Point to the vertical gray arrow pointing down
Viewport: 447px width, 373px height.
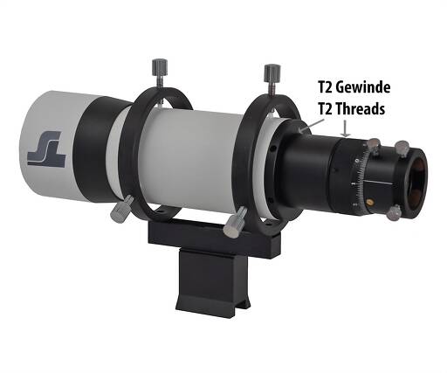346,128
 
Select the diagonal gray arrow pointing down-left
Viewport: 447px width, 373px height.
311,126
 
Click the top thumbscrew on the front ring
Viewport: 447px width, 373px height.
160,73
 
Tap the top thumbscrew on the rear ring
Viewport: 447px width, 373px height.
272,79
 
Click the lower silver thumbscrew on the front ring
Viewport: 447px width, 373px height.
121,208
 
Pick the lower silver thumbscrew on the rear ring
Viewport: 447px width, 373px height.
235,223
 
